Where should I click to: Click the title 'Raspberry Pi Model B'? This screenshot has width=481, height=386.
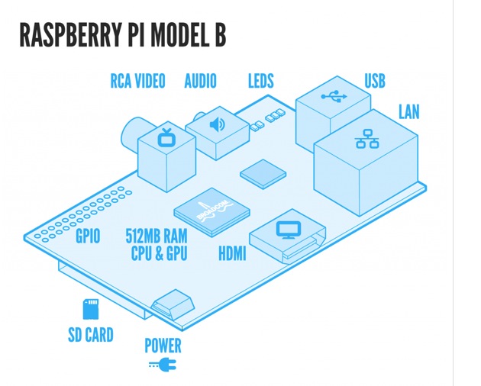click(122, 36)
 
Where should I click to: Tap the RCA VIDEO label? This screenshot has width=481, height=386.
click(137, 81)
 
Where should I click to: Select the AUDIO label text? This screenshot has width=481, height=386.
click(200, 81)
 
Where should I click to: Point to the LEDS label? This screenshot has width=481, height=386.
click(260, 81)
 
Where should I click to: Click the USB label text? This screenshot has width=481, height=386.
click(375, 81)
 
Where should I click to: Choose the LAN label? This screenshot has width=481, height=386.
click(408, 112)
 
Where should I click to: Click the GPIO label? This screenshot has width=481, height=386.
click(88, 236)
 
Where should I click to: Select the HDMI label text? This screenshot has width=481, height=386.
click(232, 253)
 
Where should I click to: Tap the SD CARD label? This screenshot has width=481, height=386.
click(91, 334)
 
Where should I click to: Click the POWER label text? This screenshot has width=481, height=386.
click(163, 346)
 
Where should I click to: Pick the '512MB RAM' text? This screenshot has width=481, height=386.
click(157, 236)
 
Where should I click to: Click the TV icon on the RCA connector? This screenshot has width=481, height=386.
click(166, 138)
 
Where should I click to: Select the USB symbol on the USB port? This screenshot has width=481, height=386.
click(334, 97)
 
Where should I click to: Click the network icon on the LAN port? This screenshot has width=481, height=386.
click(367, 138)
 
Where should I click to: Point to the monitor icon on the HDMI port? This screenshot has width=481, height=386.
click(289, 229)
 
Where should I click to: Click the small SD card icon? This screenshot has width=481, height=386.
click(91, 309)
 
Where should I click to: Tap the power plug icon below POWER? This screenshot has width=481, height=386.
click(163, 365)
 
